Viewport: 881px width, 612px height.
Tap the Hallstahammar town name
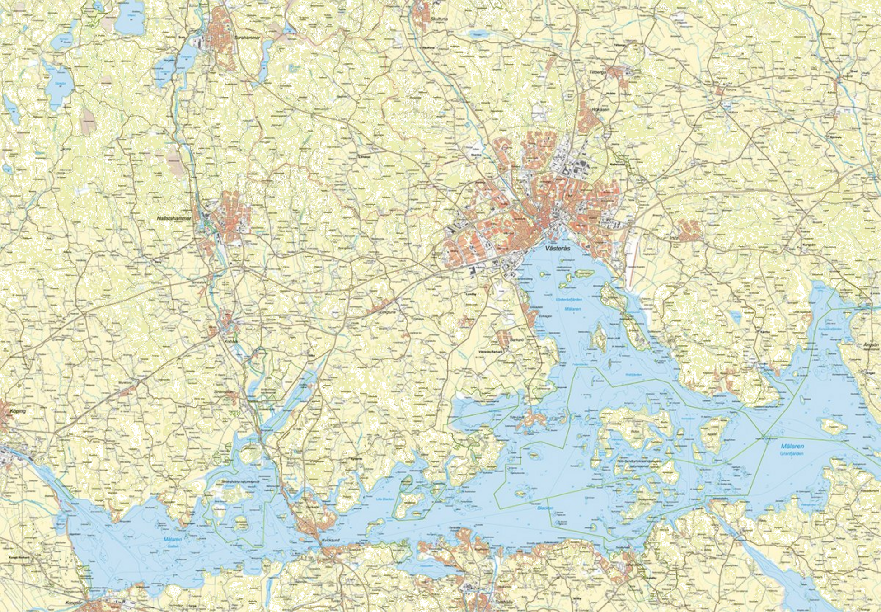coord(174,218)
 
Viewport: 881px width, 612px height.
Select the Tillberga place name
coord(596,71)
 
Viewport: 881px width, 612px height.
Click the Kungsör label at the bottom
coord(72,603)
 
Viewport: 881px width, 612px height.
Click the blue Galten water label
coord(173,546)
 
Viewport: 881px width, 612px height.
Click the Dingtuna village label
coord(387,311)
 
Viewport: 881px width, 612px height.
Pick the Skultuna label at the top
coord(438,19)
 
